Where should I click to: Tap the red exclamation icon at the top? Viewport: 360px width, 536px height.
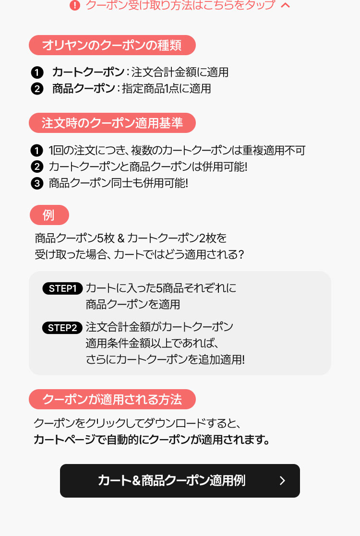click(x=74, y=5)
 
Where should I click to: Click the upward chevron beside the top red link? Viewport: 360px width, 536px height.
click(x=285, y=5)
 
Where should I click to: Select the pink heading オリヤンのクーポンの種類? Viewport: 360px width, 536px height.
click(x=112, y=45)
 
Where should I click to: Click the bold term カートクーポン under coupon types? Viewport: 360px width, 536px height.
click(x=88, y=72)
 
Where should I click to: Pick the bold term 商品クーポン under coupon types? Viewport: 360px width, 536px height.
click(x=84, y=89)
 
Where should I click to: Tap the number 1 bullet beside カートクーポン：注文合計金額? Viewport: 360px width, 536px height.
click(x=37, y=72)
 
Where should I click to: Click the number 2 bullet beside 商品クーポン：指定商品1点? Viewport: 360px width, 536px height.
click(x=37, y=89)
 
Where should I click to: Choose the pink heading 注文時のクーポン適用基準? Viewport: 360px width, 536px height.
click(x=112, y=123)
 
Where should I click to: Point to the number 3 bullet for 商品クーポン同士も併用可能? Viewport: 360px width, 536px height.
click(x=37, y=184)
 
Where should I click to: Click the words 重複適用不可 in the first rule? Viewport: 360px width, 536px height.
click(x=274, y=150)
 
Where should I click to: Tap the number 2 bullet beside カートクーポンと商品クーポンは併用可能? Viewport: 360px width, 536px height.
click(x=37, y=167)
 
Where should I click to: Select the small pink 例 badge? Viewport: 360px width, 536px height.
click(x=49, y=215)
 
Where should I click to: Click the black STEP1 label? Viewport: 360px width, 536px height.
click(x=62, y=288)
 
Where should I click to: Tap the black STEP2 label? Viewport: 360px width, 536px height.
click(x=62, y=328)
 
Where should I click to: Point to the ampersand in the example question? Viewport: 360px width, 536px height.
click(x=120, y=238)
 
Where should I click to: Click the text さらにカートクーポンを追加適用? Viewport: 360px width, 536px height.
click(x=165, y=359)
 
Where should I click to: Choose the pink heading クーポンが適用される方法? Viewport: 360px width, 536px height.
click(x=112, y=399)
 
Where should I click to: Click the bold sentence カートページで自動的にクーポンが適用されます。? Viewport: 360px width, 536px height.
click(x=152, y=440)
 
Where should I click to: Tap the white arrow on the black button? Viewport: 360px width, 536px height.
click(x=282, y=481)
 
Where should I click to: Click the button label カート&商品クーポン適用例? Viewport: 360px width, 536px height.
click(x=172, y=481)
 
